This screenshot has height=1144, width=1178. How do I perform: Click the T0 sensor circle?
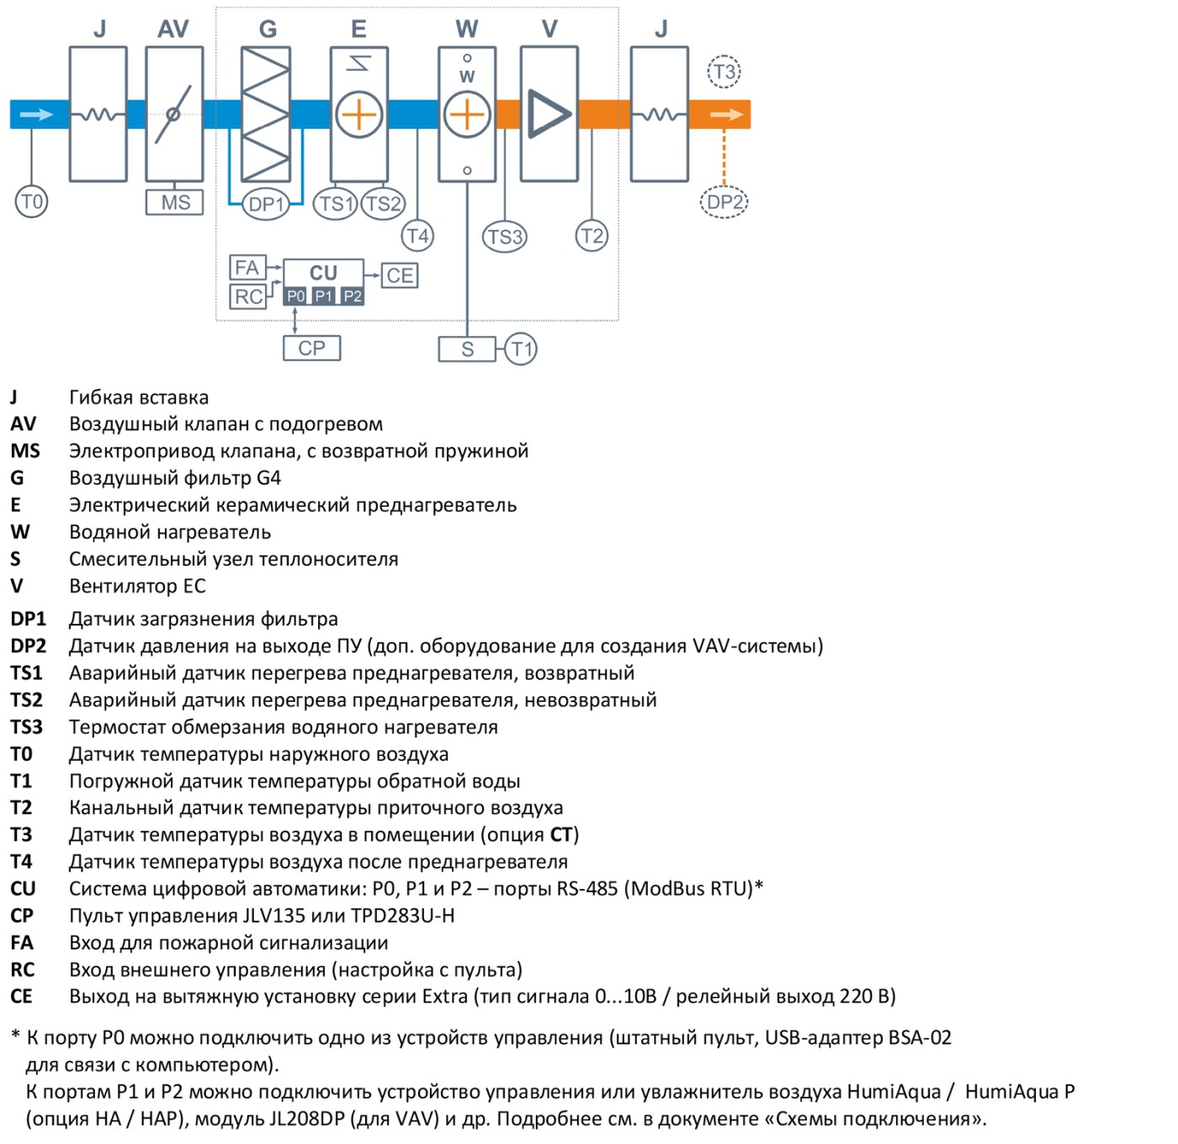pos(31,201)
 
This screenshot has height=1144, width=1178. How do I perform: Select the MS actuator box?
pos(174,202)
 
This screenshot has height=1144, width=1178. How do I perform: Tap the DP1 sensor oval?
pos(265,204)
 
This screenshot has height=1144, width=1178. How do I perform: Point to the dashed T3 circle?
pos(724,72)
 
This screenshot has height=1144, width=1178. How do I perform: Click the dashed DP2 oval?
pos(724,202)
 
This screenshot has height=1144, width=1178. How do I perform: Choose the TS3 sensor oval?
pos(504,237)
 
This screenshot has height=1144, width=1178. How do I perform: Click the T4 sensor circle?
pos(417,236)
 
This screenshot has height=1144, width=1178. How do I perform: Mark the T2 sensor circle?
pos(592,236)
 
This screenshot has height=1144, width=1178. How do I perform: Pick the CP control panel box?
pos(312,349)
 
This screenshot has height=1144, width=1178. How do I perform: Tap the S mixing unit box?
pos(467,349)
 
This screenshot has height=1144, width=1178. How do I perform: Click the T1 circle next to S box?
pos(521,349)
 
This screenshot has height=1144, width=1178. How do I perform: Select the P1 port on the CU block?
pos(323,296)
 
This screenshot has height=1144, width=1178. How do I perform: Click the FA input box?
pos(247,267)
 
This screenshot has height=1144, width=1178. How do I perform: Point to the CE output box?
pos(400,275)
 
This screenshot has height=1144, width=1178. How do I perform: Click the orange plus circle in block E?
pos(359,114)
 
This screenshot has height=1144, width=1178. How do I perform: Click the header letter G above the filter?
pos(268,29)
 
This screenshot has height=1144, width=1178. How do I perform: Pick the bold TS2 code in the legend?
pos(27,700)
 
